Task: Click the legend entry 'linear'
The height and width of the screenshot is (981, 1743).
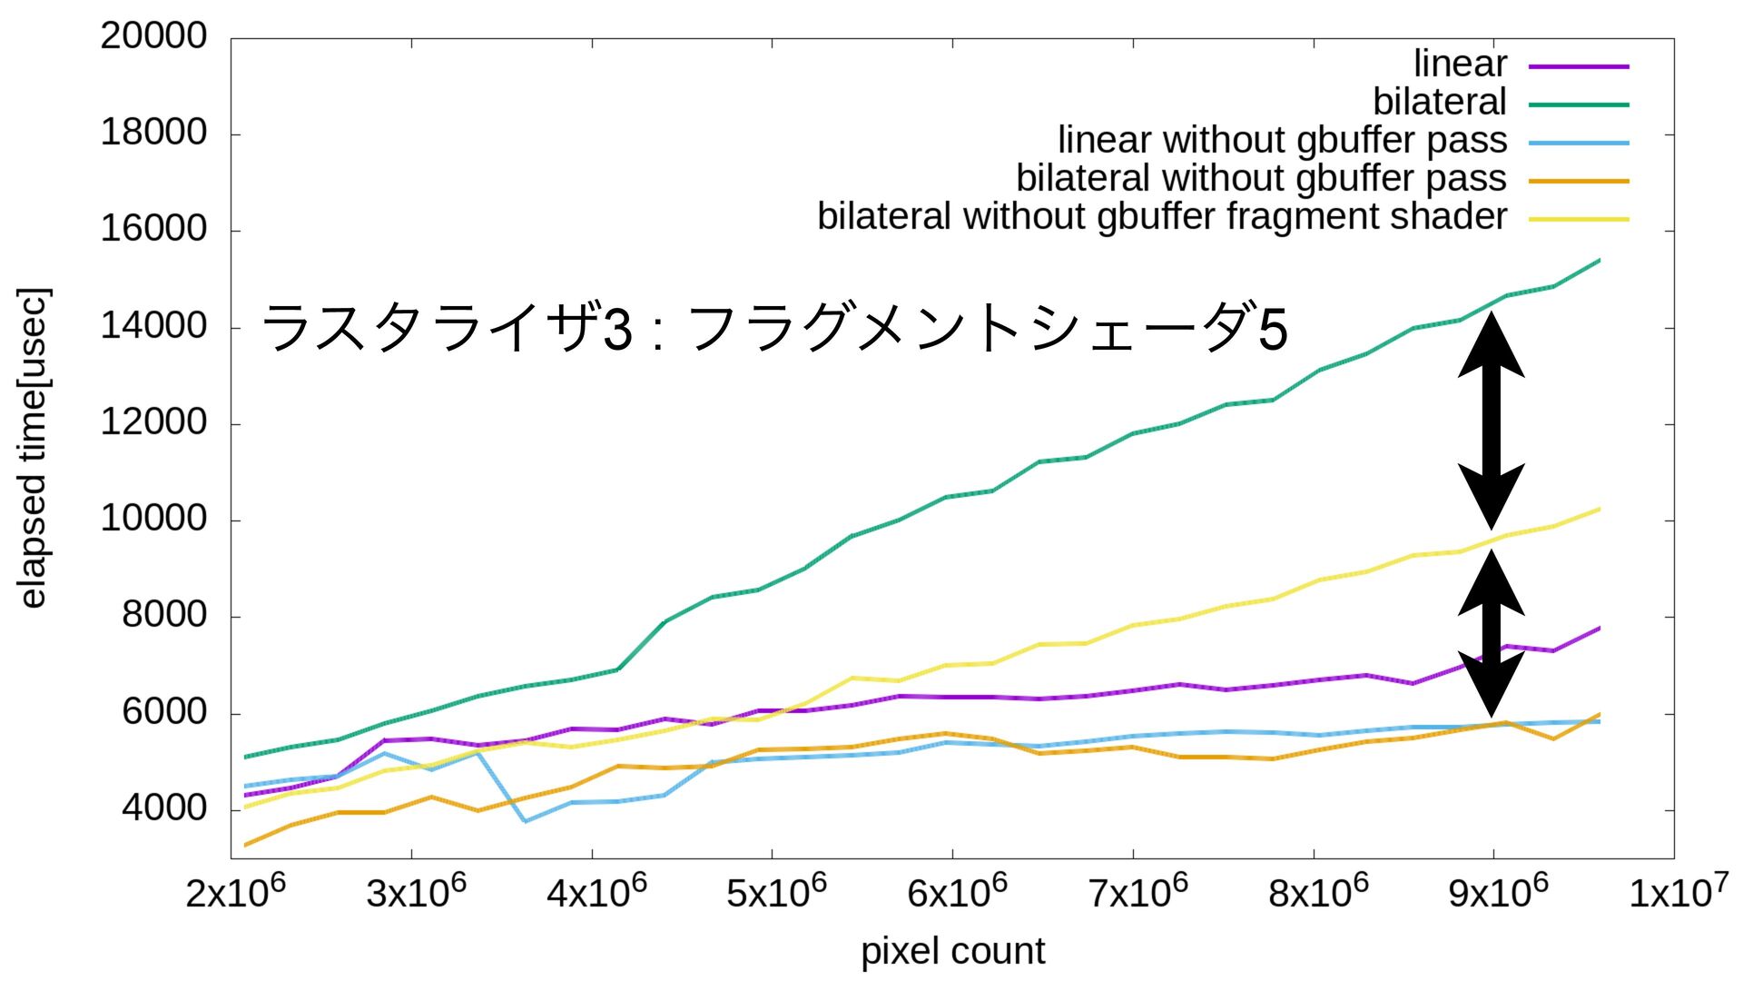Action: [x=1460, y=64]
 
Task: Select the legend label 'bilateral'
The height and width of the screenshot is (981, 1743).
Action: [x=1439, y=102]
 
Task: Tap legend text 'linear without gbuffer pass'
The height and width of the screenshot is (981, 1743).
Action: [x=1282, y=140]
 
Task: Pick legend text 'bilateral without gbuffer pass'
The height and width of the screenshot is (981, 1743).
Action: [x=1261, y=178]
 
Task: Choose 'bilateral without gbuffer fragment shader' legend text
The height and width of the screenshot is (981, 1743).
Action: [x=1162, y=216]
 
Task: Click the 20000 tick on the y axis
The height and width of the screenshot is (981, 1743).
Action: [x=153, y=36]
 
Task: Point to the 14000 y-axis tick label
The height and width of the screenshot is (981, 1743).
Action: [x=153, y=326]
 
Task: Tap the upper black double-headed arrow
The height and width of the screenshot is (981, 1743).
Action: [x=1491, y=421]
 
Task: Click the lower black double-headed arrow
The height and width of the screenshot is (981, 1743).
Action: [x=1491, y=633]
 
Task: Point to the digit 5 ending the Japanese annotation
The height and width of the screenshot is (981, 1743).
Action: [x=1273, y=329]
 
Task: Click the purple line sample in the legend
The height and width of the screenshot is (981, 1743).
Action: [x=1579, y=66]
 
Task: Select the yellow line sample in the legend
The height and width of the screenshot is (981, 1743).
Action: [x=1579, y=219]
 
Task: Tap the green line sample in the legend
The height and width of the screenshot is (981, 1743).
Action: [x=1579, y=104]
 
